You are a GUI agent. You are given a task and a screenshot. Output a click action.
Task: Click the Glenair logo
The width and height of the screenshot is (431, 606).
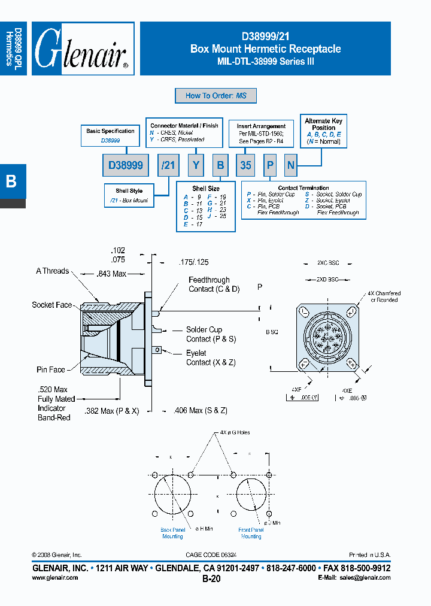click(83, 49)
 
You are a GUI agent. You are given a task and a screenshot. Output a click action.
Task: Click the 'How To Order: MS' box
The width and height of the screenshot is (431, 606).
click(215, 95)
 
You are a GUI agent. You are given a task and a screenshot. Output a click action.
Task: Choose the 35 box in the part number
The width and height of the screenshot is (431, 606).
click(245, 165)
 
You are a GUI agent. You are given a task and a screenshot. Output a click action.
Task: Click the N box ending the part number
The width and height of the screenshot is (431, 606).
click(290, 165)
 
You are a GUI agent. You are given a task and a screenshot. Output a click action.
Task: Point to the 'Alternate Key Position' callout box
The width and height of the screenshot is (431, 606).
click(323, 131)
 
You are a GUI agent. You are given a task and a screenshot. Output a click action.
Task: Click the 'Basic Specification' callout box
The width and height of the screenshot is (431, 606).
click(110, 135)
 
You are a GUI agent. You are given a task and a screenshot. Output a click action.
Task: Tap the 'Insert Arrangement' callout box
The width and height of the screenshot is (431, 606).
click(261, 134)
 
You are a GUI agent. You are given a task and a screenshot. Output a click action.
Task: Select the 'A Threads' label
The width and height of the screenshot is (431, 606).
click(52, 271)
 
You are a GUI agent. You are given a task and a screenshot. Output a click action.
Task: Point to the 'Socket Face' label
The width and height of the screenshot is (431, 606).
click(52, 305)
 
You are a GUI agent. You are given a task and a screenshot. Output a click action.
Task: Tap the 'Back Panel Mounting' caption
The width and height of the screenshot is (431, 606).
click(172, 533)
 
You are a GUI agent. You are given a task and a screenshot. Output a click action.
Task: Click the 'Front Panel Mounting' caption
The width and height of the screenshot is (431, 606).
click(251, 533)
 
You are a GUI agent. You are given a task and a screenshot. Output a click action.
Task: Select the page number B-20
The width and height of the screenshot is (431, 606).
click(212, 579)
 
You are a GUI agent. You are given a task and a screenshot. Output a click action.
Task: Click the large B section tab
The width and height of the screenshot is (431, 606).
click(11, 181)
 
